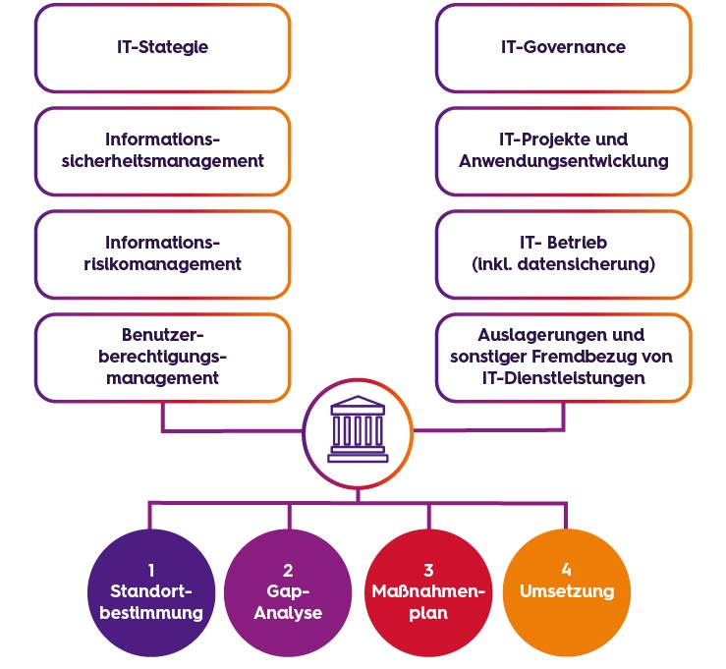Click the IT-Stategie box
[x=162, y=48]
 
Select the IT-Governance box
[x=564, y=48]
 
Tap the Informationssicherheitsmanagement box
[x=162, y=151]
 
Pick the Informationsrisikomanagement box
[x=162, y=254]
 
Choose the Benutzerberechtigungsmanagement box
[x=162, y=358]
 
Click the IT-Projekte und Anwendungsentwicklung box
[x=564, y=151]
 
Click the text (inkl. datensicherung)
[x=564, y=264]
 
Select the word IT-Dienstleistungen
[x=564, y=378]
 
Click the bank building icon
[x=358, y=429]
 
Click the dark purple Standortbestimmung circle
[x=151, y=592]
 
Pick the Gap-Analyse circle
[x=288, y=592]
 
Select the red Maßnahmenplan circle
[x=428, y=592]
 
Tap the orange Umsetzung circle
[x=567, y=592]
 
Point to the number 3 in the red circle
[x=428, y=571]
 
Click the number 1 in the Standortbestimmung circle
[x=151, y=571]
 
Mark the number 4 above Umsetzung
[x=566, y=570]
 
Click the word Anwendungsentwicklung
[x=564, y=161]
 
